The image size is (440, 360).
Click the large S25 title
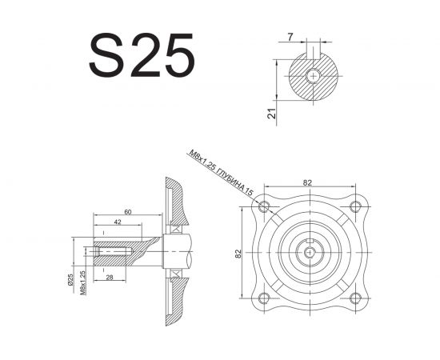click(x=142, y=55)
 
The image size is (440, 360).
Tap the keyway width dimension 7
click(x=290, y=37)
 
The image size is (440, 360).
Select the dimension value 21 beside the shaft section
click(x=272, y=114)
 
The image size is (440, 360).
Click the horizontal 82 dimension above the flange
click(x=307, y=182)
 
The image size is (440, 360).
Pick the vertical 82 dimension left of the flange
click(x=238, y=254)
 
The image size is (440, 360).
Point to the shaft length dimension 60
click(x=128, y=212)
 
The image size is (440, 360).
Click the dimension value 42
click(x=118, y=222)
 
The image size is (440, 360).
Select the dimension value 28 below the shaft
click(x=110, y=278)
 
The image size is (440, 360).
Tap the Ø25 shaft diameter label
click(x=70, y=280)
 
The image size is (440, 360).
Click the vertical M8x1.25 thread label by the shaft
click(x=82, y=283)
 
